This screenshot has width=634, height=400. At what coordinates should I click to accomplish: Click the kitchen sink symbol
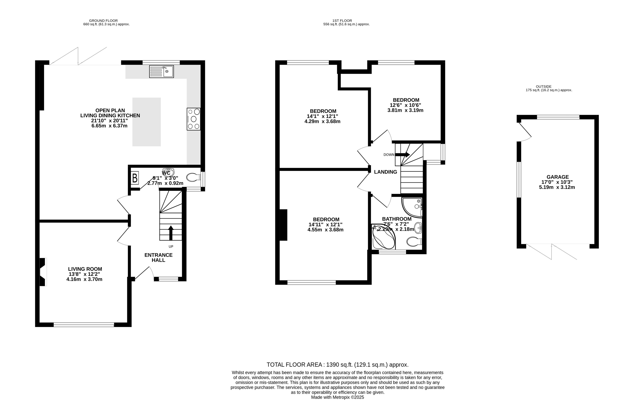161,72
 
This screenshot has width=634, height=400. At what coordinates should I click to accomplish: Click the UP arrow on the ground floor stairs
171,233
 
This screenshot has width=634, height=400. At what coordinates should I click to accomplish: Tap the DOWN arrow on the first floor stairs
402,155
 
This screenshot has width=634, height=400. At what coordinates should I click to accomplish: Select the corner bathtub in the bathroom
383,237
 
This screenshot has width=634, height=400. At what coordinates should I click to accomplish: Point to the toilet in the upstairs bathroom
414,242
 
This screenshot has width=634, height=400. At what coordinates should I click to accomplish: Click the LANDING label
385,172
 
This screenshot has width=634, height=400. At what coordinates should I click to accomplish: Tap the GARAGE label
558,177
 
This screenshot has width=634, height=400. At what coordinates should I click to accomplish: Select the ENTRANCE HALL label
158,257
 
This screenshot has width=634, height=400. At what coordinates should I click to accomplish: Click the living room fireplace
43,272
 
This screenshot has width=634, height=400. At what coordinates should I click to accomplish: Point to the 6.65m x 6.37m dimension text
110,126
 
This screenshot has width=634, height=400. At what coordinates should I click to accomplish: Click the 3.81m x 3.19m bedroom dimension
405,110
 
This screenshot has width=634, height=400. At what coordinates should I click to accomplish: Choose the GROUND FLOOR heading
103,21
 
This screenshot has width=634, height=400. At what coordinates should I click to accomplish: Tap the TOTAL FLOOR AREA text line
338,365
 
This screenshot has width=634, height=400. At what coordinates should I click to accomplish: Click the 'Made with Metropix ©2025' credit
338,397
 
